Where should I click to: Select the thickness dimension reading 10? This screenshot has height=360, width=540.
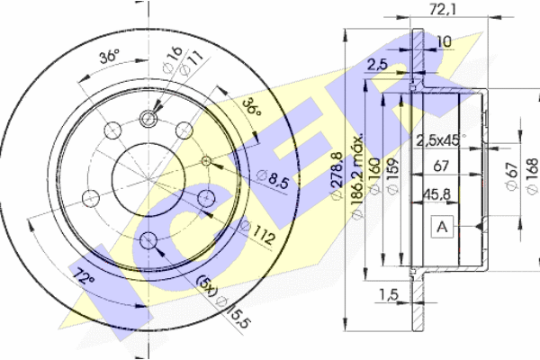445,42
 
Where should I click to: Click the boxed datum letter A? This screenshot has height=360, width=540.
441,228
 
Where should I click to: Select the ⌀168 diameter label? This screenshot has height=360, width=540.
530,171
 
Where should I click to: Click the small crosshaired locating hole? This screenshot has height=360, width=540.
206,160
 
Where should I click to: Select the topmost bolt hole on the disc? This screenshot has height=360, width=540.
148,118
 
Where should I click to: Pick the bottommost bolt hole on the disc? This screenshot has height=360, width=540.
148,238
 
